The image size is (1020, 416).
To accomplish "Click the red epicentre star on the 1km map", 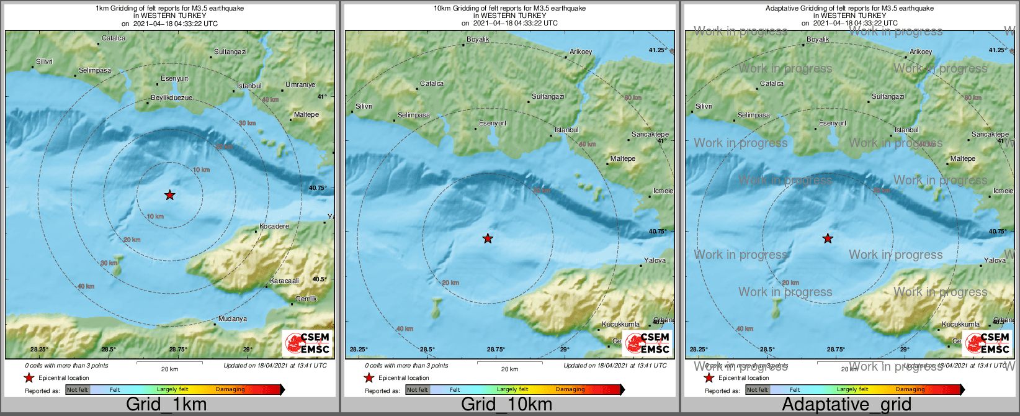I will click(169, 195).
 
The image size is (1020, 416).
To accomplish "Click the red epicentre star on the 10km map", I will click(488, 238).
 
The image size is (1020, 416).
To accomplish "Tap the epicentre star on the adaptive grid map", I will click(828, 238).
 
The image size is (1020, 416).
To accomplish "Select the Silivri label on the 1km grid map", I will click(44, 61).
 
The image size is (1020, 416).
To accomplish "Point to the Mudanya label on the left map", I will click(232, 319).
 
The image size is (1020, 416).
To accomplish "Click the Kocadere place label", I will click(274, 226).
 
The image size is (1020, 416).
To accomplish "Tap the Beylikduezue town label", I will click(171, 97).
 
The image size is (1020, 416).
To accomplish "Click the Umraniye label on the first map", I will click(300, 84).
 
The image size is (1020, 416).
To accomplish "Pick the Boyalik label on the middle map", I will click(478, 39).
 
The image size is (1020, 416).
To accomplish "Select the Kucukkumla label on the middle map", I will click(620, 324).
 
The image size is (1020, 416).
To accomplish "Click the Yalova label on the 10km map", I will click(655, 260).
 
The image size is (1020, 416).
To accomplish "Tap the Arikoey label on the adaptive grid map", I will click(921, 52).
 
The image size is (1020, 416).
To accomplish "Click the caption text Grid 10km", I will click(506, 404).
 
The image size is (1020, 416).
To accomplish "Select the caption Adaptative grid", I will click(846, 404).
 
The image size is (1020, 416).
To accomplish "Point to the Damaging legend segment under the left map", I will click(230, 389).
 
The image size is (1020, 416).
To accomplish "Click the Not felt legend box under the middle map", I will click(418, 389).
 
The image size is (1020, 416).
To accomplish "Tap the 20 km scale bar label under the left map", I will click(169, 369).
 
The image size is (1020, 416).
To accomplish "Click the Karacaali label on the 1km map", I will click(284, 281).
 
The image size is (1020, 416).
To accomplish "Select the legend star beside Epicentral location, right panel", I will click(709, 378).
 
